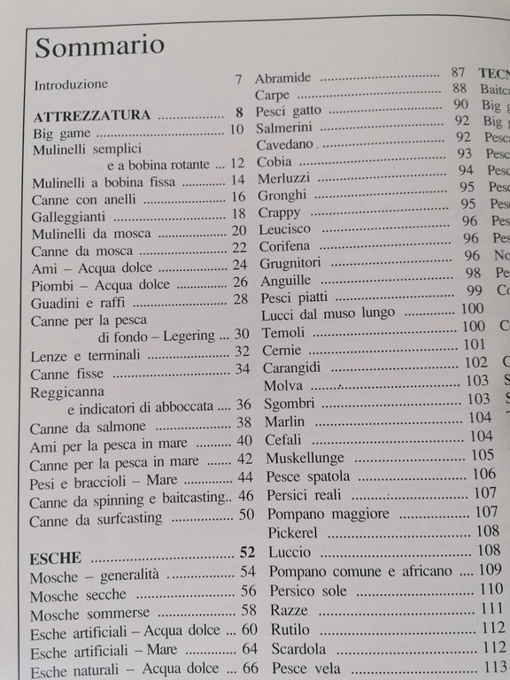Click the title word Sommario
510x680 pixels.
pyautogui.click(x=100, y=45)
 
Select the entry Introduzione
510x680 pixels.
pyautogui.click(x=71, y=85)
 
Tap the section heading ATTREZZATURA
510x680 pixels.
pyautogui.click(x=91, y=115)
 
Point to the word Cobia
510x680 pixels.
pyautogui.click(x=274, y=162)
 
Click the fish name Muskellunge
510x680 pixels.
pyautogui.click(x=301, y=458)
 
